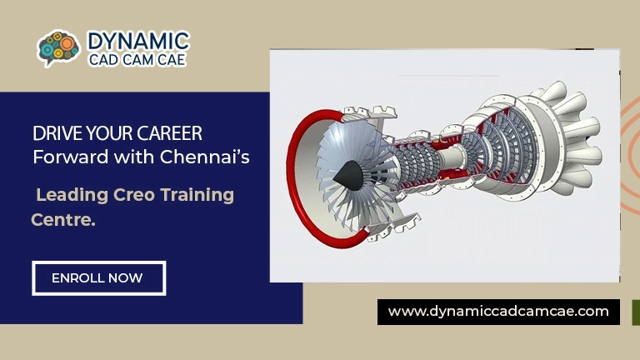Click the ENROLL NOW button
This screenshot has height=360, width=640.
pos(98,278)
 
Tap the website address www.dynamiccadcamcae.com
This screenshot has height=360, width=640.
pos(498,312)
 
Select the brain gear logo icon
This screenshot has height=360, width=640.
pos(58,48)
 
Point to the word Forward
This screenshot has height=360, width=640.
pos(64,156)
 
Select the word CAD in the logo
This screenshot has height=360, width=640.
pos(103,60)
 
